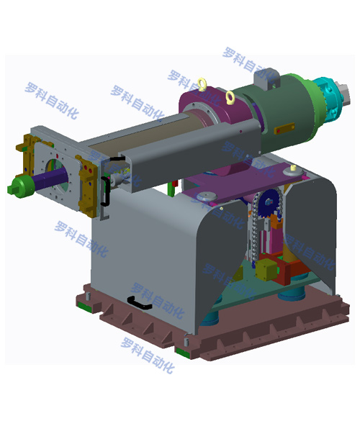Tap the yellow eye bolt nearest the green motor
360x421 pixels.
pos(230,97)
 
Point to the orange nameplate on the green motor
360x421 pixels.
pos(284,128)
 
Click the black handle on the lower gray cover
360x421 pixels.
pos(139,302)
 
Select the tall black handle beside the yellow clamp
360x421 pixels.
pos(105,191)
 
